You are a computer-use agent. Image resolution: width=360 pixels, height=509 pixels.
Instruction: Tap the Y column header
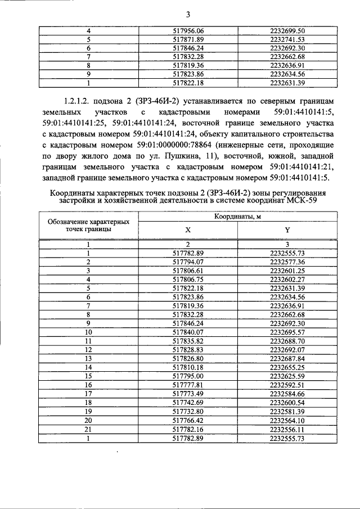click(287, 230)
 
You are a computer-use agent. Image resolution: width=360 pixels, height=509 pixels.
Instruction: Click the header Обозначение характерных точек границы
click(88, 226)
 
